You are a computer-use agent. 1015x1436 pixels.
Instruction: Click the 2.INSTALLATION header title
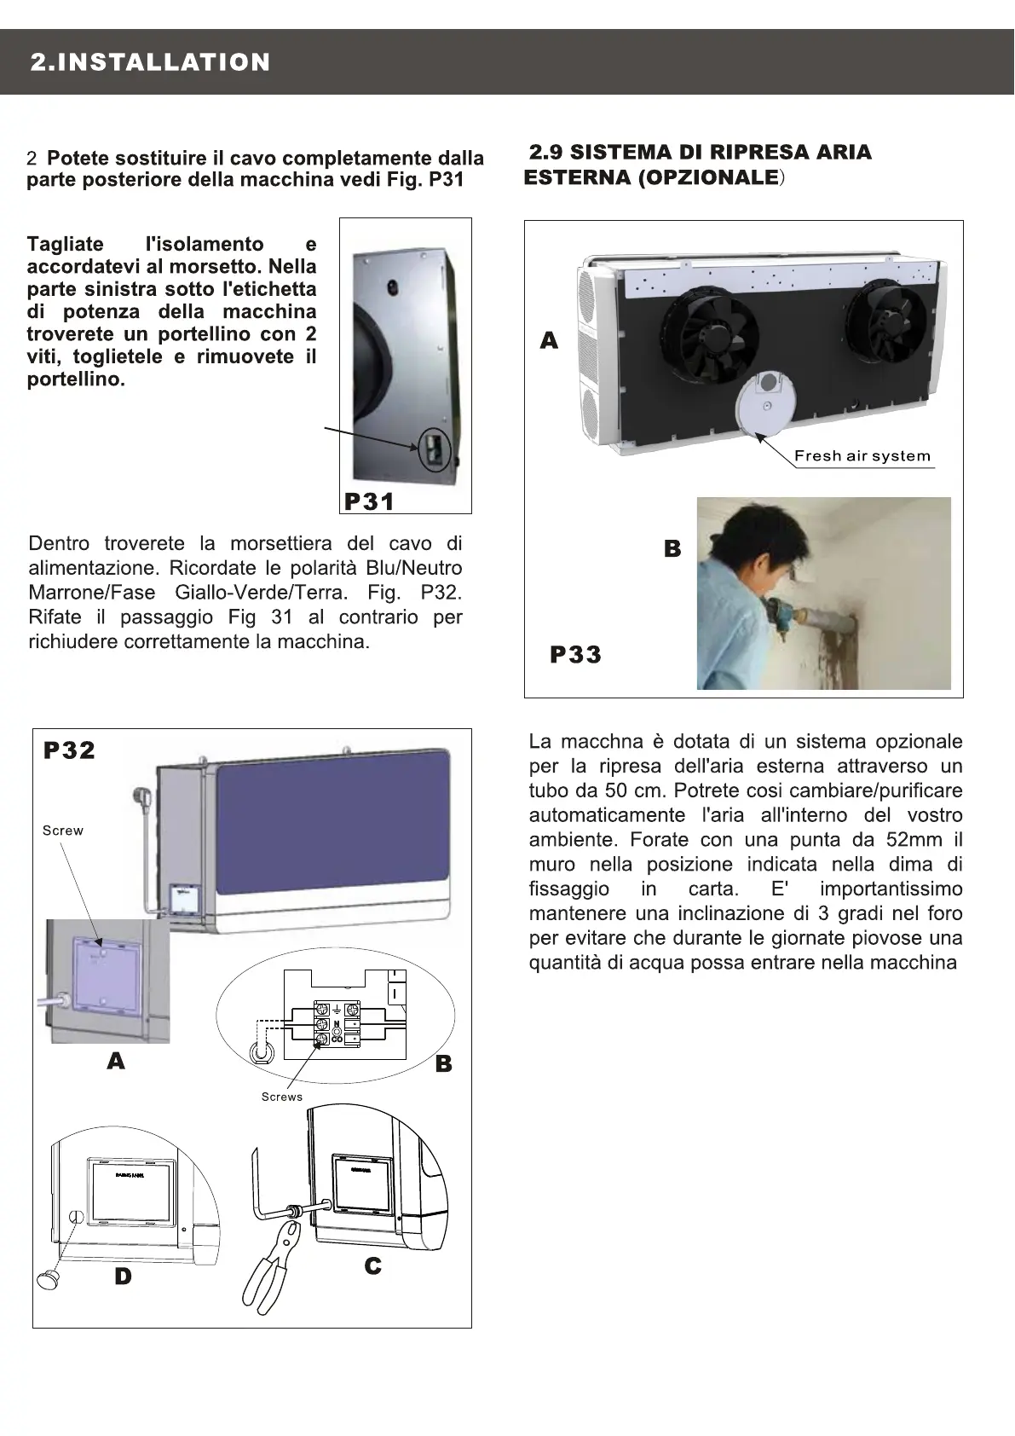(x=150, y=62)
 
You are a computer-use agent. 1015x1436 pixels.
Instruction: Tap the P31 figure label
(x=369, y=501)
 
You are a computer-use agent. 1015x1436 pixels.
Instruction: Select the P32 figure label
(x=69, y=750)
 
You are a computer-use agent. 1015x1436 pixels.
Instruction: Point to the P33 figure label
(x=575, y=655)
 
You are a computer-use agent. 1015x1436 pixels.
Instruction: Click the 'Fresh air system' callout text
(x=862, y=455)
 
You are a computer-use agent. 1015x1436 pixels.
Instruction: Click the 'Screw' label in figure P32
(x=63, y=831)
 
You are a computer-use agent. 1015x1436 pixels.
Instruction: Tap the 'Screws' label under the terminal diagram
(x=282, y=1097)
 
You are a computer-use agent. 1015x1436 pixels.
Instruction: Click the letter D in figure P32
(x=124, y=1276)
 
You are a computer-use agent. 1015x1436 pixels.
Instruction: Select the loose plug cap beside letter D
(x=49, y=1277)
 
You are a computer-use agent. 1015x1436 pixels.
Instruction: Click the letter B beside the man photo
(x=672, y=549)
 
